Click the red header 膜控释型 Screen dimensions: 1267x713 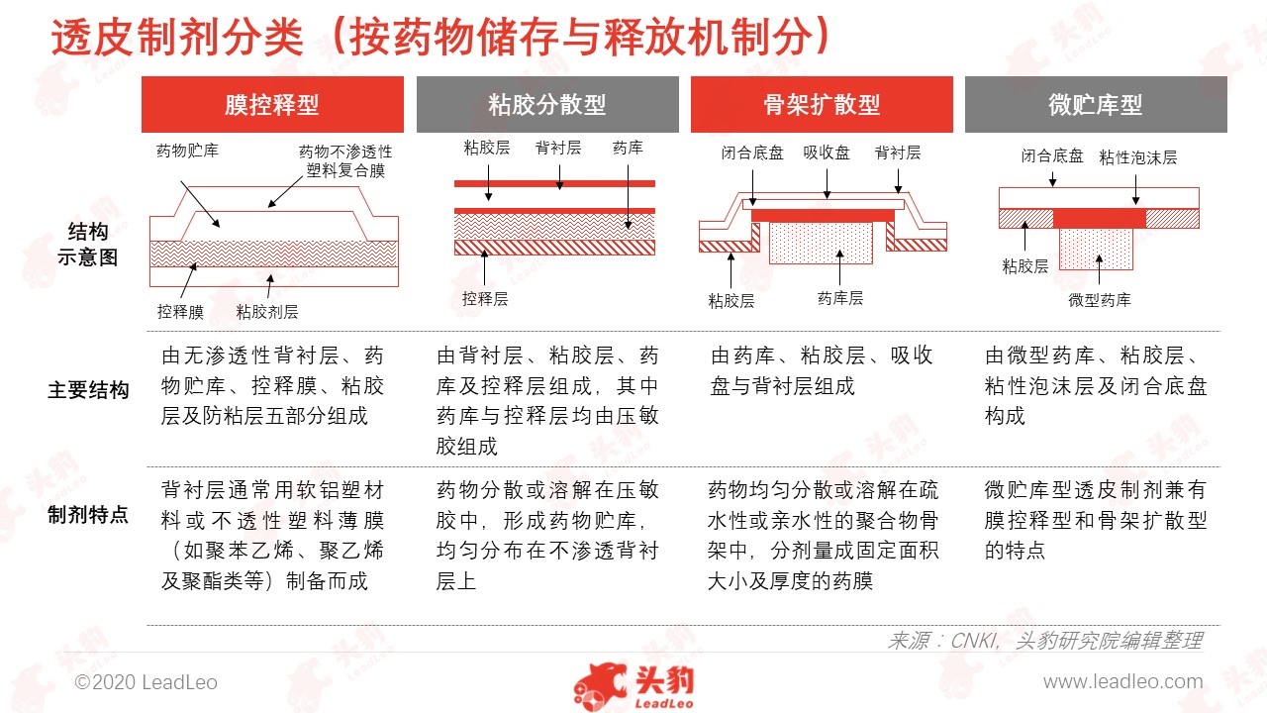tap(272, 104)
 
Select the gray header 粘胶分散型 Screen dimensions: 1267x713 tap(547, 104)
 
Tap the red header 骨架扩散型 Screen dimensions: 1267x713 tap(822, 104)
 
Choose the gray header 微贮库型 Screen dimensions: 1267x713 tap(1096, 104)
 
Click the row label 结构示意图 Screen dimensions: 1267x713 tap(88, 245)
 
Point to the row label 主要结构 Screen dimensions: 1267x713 tap(88, 390)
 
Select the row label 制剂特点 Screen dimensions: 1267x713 tap(88, 514)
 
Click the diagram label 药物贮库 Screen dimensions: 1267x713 tap(187, 151)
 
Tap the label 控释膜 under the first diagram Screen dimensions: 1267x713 tap(180, 311)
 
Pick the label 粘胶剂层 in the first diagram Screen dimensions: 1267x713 tap(267, 311)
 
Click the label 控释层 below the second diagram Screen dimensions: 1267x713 tap(485, 298)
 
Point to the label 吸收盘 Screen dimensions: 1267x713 tap(827, 153)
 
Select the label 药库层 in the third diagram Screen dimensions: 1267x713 tap(840, 298)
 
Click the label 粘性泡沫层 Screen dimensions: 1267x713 tap(1138, 157)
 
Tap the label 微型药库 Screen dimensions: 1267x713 tap(1100, 300)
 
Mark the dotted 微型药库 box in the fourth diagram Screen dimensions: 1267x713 tap(1096, 249)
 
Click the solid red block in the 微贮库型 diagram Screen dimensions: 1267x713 tap(1100, 219)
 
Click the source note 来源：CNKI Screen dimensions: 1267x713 tap(942, 641)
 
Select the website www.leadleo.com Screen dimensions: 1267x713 tap(1122, 682)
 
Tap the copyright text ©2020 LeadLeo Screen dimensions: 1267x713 tap(146, 682)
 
